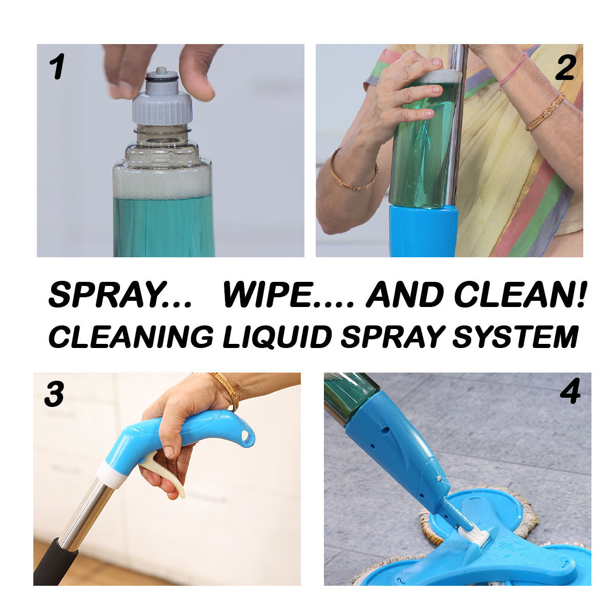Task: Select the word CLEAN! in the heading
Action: (x=520, y=295)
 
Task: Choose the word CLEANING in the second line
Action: (x=131, y=337)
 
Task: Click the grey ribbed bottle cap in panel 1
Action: (x=162, y=108)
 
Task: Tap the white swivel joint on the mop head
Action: (x=475, y=536)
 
